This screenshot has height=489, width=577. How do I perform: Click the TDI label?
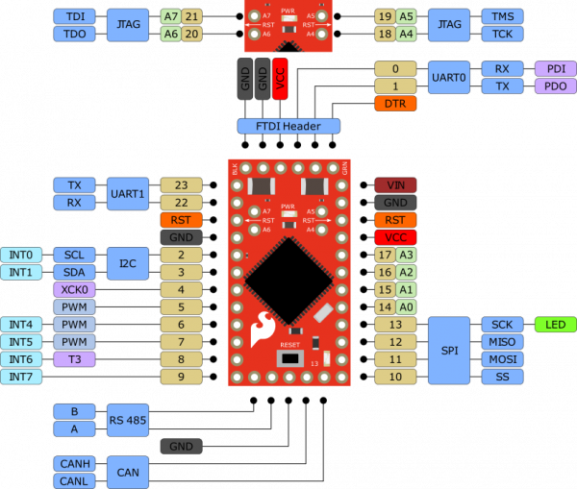74,16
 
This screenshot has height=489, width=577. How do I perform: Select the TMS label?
502,16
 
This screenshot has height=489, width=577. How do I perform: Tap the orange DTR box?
394,103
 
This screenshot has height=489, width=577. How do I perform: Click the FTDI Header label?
288,126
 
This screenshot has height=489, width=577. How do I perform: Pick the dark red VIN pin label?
394,185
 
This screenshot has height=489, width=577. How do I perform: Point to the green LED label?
555,325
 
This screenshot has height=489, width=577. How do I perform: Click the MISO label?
502,342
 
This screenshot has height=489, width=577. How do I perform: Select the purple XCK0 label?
74,290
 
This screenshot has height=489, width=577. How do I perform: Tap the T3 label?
74,359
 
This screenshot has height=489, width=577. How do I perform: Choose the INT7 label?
21,377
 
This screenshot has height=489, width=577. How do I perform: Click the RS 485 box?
127,420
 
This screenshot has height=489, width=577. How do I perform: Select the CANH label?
74,464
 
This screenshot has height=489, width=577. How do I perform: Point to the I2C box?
127,263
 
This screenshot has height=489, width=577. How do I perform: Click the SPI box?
449,351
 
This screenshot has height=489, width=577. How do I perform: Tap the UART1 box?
127,193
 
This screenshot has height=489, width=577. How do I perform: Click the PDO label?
555,86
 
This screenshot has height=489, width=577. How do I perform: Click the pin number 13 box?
394,325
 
